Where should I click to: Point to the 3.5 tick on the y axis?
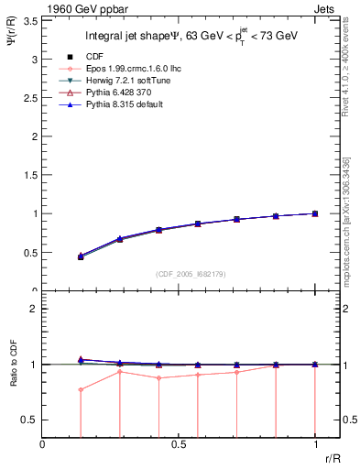(30, 20)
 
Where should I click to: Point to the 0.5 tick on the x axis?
(179, 446)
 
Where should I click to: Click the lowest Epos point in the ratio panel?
(81, 389)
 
